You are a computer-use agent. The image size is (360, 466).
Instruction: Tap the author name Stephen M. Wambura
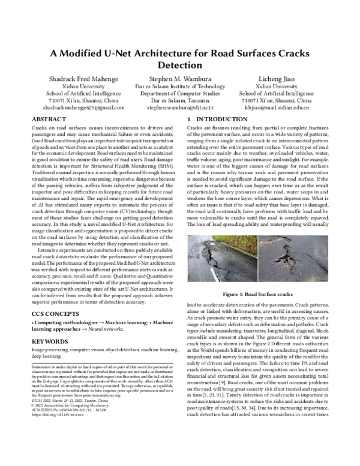pos(180,79)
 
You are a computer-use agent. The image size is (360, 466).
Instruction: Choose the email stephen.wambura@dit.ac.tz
pos(180,108)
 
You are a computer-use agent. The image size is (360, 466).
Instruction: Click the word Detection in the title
pos(180,64)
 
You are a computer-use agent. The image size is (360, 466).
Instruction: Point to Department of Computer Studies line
pos(180,94)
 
